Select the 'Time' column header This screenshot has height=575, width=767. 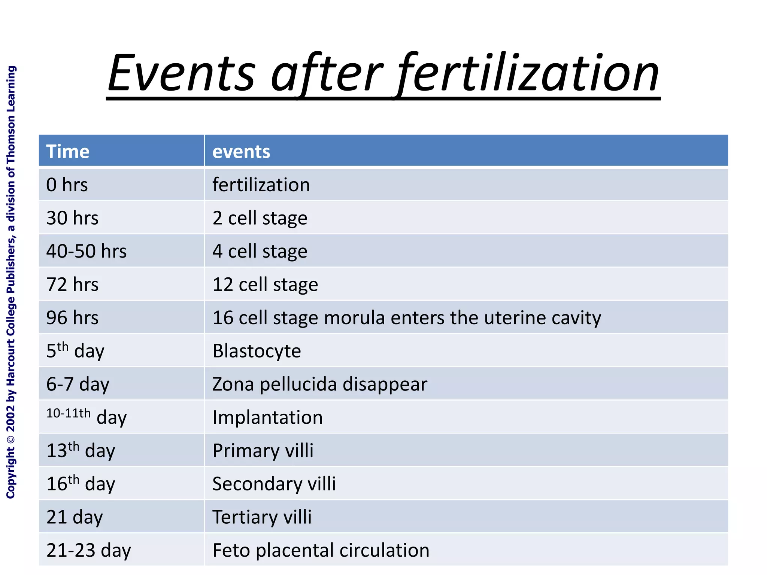(x=68, y=152)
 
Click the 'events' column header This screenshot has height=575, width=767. (x=241, y=152)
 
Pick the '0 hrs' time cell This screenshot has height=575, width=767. (x=67, y=185)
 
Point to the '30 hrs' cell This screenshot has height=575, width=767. (x=72, y=218)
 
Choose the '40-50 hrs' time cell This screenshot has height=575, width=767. (x=87, y=251)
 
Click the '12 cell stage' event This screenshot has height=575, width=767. (x=265, y=285)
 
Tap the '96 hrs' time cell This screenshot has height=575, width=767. (x=72, y=318)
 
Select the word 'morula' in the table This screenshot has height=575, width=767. (x=354, y=318)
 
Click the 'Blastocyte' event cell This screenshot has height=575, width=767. (x=257, y=351)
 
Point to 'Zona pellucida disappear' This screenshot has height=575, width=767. (x=319, y=384)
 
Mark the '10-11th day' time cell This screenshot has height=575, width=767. (x=87, y=417)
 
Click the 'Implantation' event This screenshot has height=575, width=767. (x=267, y=417)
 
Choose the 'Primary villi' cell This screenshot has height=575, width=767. (x=263, y=451)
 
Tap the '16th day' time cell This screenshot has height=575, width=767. (x=81, y=483)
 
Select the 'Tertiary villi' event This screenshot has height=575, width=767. (x=262, y=517)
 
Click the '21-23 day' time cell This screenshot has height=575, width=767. (x=89, y=550)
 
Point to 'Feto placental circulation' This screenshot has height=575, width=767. (x=321, y=550)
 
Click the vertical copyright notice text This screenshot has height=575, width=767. (x=11, y=282)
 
